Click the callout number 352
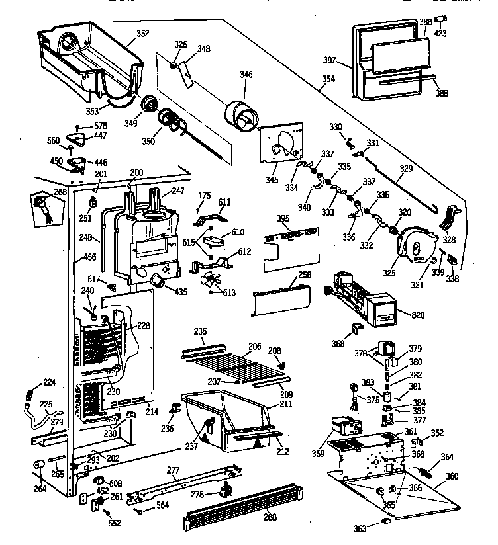click(142, 33)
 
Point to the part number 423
click(440, 33)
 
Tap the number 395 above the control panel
click(283, 219)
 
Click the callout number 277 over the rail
click(173, 470)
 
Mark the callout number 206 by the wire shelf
click(255, 346)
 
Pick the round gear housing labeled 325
click(413, 245)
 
